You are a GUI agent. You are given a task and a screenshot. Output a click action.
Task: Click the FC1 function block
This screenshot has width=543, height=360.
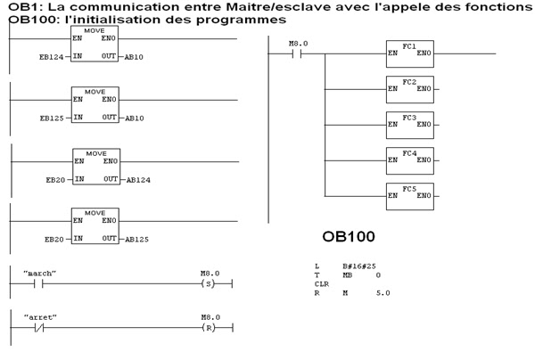[409, 53]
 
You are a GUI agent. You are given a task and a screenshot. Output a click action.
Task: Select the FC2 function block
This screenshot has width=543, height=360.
[409, 88]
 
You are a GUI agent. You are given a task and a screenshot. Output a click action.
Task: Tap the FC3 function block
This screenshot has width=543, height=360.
[409, 124]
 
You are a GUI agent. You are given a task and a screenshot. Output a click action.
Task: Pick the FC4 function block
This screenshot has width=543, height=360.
[409, 160]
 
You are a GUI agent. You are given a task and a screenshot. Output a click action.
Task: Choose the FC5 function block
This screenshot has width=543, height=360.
[409, 195]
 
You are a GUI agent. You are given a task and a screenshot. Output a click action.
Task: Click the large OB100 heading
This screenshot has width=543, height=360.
[349, 238]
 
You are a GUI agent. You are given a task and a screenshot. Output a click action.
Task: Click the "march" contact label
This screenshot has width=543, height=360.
[42, 273]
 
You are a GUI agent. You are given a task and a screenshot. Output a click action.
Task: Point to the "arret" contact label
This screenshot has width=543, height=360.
[42, 315]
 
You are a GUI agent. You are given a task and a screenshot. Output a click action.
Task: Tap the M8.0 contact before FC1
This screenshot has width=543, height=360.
[299, 53]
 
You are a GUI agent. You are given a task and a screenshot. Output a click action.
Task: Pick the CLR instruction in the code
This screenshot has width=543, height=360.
[322, 284]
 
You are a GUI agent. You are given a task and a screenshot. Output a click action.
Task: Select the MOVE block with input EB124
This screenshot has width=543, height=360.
[95, 45]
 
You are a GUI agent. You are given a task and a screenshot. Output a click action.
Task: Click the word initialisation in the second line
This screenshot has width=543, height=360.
[111, 19]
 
